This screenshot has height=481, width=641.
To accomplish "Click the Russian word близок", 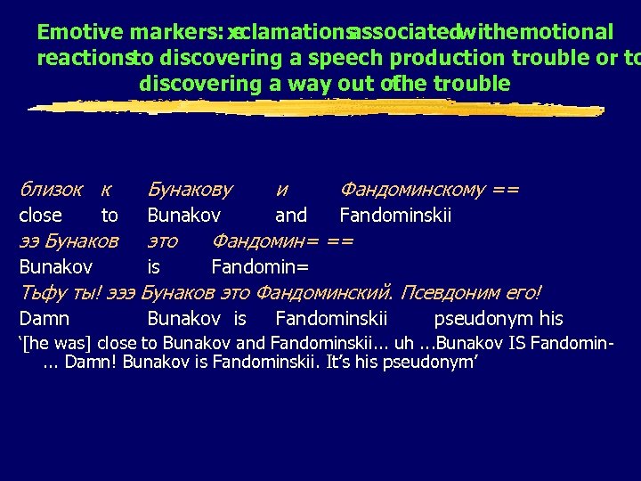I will click(x=51, y=190).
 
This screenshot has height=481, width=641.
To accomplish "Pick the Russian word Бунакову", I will click(x=190, y=190).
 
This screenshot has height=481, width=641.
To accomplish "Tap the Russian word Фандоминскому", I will click(x=412, y=190).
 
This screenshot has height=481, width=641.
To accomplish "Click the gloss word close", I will click(x=40, y=216).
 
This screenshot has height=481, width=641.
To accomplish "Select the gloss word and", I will click(x=290, y=216).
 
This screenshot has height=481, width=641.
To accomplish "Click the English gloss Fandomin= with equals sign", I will click(x=260, y=267).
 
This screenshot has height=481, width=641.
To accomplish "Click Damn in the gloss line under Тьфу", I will click(x=45, y=319).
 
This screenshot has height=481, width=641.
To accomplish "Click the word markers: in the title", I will click(x=174, y=33).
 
